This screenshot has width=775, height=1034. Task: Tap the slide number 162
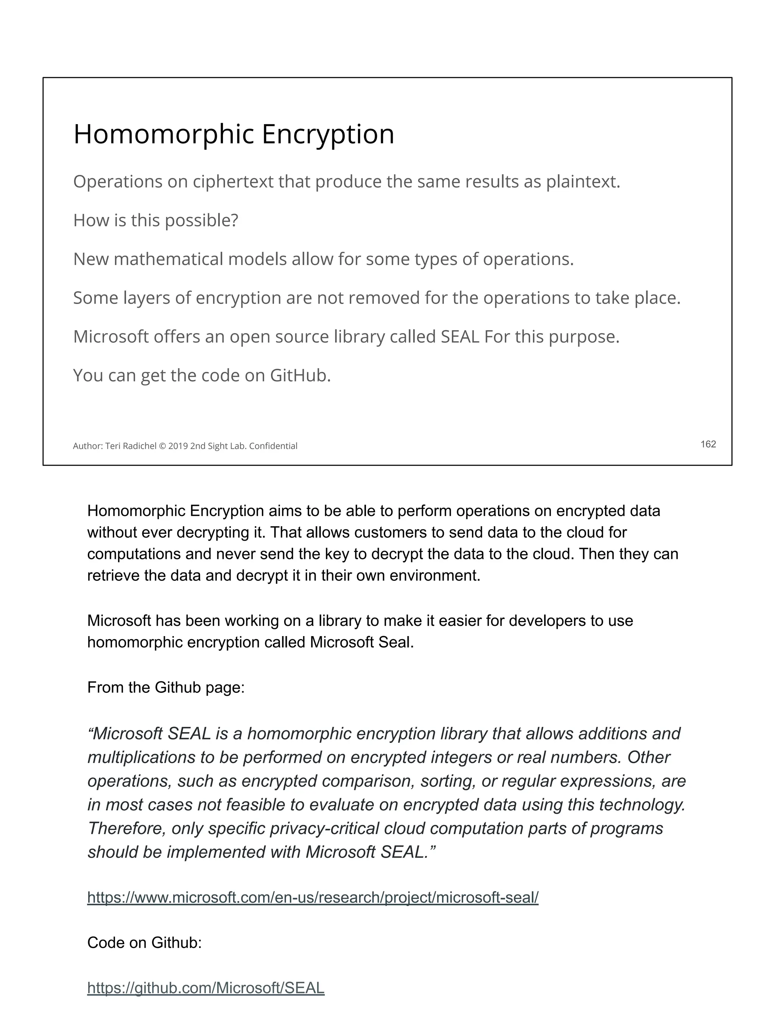click(708, 444)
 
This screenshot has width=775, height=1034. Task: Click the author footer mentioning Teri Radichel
click(185, 446)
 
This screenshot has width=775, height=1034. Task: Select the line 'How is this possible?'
click(156, 220)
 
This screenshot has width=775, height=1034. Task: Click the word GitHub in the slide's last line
click(300, 375)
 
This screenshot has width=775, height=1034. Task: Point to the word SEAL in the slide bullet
click(460, 337)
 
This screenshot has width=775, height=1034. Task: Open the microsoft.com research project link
click(313, 897)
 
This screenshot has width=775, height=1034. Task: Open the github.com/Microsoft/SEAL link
click(205, 988)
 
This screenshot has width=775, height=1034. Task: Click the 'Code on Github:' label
click(144, 942)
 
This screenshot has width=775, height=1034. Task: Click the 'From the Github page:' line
click(166, 687)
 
